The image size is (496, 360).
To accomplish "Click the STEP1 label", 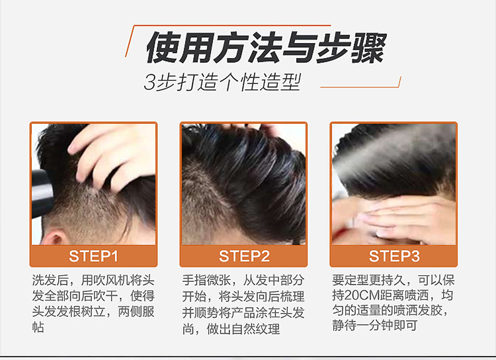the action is (93, 256).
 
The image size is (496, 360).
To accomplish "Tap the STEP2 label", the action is (244, 256).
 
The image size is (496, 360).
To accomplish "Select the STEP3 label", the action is (394, 256).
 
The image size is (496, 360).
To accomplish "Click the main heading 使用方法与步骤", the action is (265, 48).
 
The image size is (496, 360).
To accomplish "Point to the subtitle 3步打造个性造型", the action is (222, 82).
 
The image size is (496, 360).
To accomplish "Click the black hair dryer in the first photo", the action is (40, 193).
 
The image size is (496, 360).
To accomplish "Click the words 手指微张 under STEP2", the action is (206, 280).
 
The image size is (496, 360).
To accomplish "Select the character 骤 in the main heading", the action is (369, 48).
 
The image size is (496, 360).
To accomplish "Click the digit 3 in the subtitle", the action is (149, 83).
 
